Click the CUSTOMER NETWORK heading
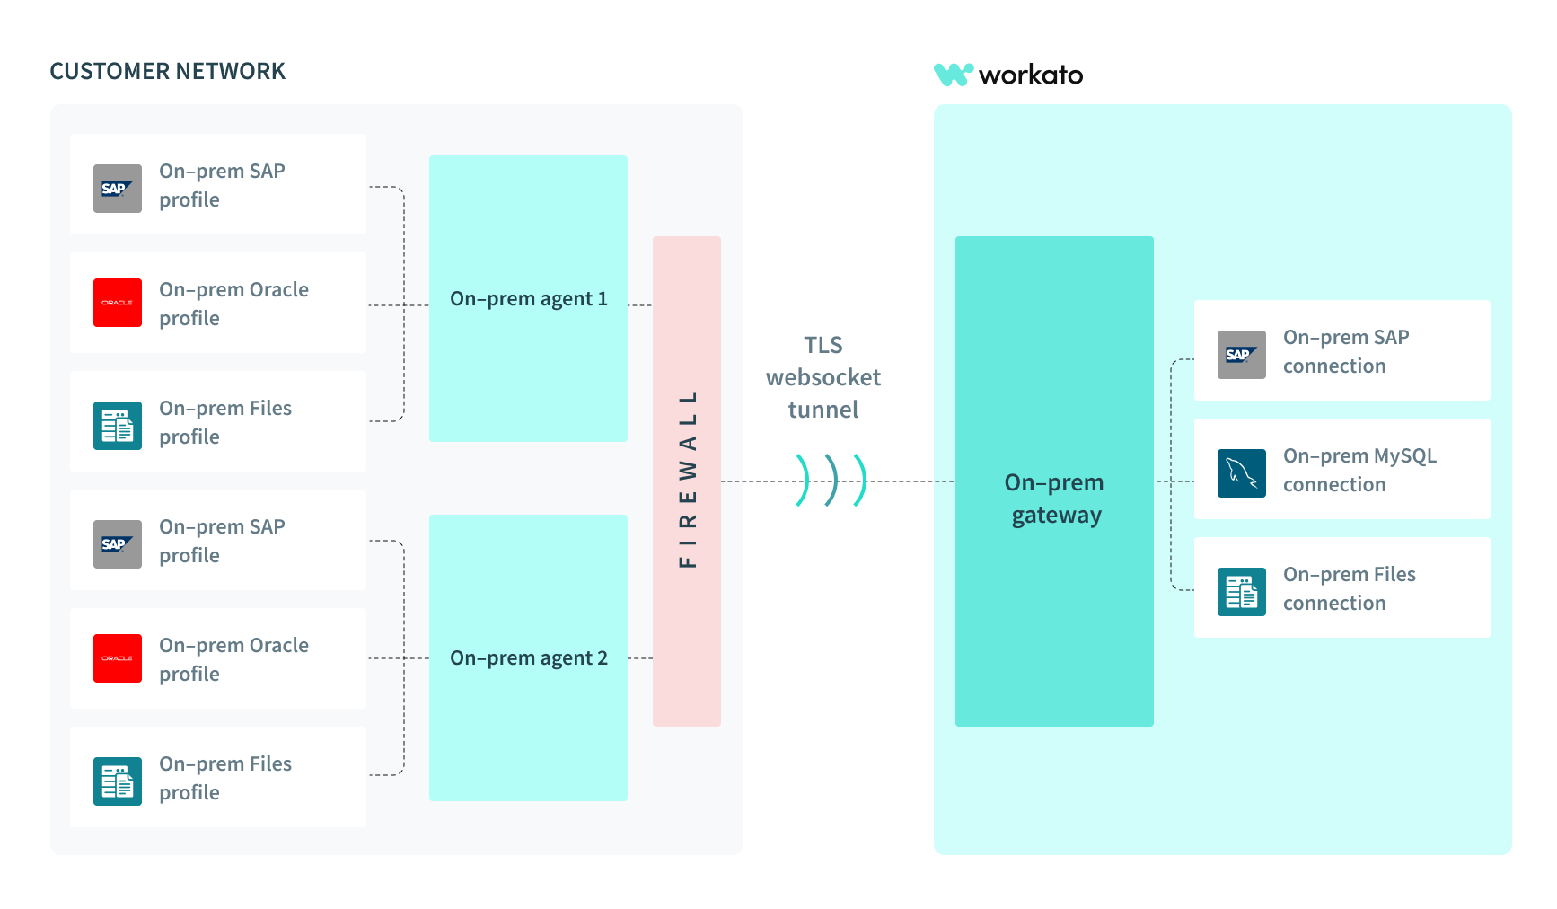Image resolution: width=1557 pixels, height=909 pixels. (x=167, y=72)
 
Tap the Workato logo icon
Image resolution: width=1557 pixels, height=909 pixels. (x=953, y=75)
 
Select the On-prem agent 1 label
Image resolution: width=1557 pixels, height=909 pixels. (x=528, y=299)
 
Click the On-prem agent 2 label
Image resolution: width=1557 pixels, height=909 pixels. (x=528, y=658)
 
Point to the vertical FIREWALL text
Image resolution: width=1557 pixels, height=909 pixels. (x=688, y=480)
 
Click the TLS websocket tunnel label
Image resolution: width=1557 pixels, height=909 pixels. (x=822, y=377)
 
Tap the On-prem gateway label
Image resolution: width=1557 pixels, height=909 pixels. (x=1054, y=499)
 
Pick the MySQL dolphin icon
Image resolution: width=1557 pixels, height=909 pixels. (x=1241, y=473)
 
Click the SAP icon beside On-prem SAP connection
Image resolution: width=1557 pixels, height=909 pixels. (x=1241, y=355)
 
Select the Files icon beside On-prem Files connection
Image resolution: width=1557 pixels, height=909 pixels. (x=1241, y=592)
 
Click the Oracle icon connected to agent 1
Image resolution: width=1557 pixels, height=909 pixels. (x=118, y=303)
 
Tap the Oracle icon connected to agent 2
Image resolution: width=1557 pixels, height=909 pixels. (x=118, y=658)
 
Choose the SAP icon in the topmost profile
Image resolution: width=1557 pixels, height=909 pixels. (x=118, y=189)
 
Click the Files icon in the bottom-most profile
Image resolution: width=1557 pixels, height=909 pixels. (x=118, y=781)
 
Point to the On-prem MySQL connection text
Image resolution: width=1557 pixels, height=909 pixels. (x=1359, y=470)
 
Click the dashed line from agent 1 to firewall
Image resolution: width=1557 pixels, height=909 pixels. (x=639, y=305)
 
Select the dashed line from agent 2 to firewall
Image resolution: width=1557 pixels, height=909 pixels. (x=639, y=658)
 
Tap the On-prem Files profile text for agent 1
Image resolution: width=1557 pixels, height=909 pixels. (x=224, y=422)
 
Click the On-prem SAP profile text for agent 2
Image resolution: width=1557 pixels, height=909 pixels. (x=221, y=541)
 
